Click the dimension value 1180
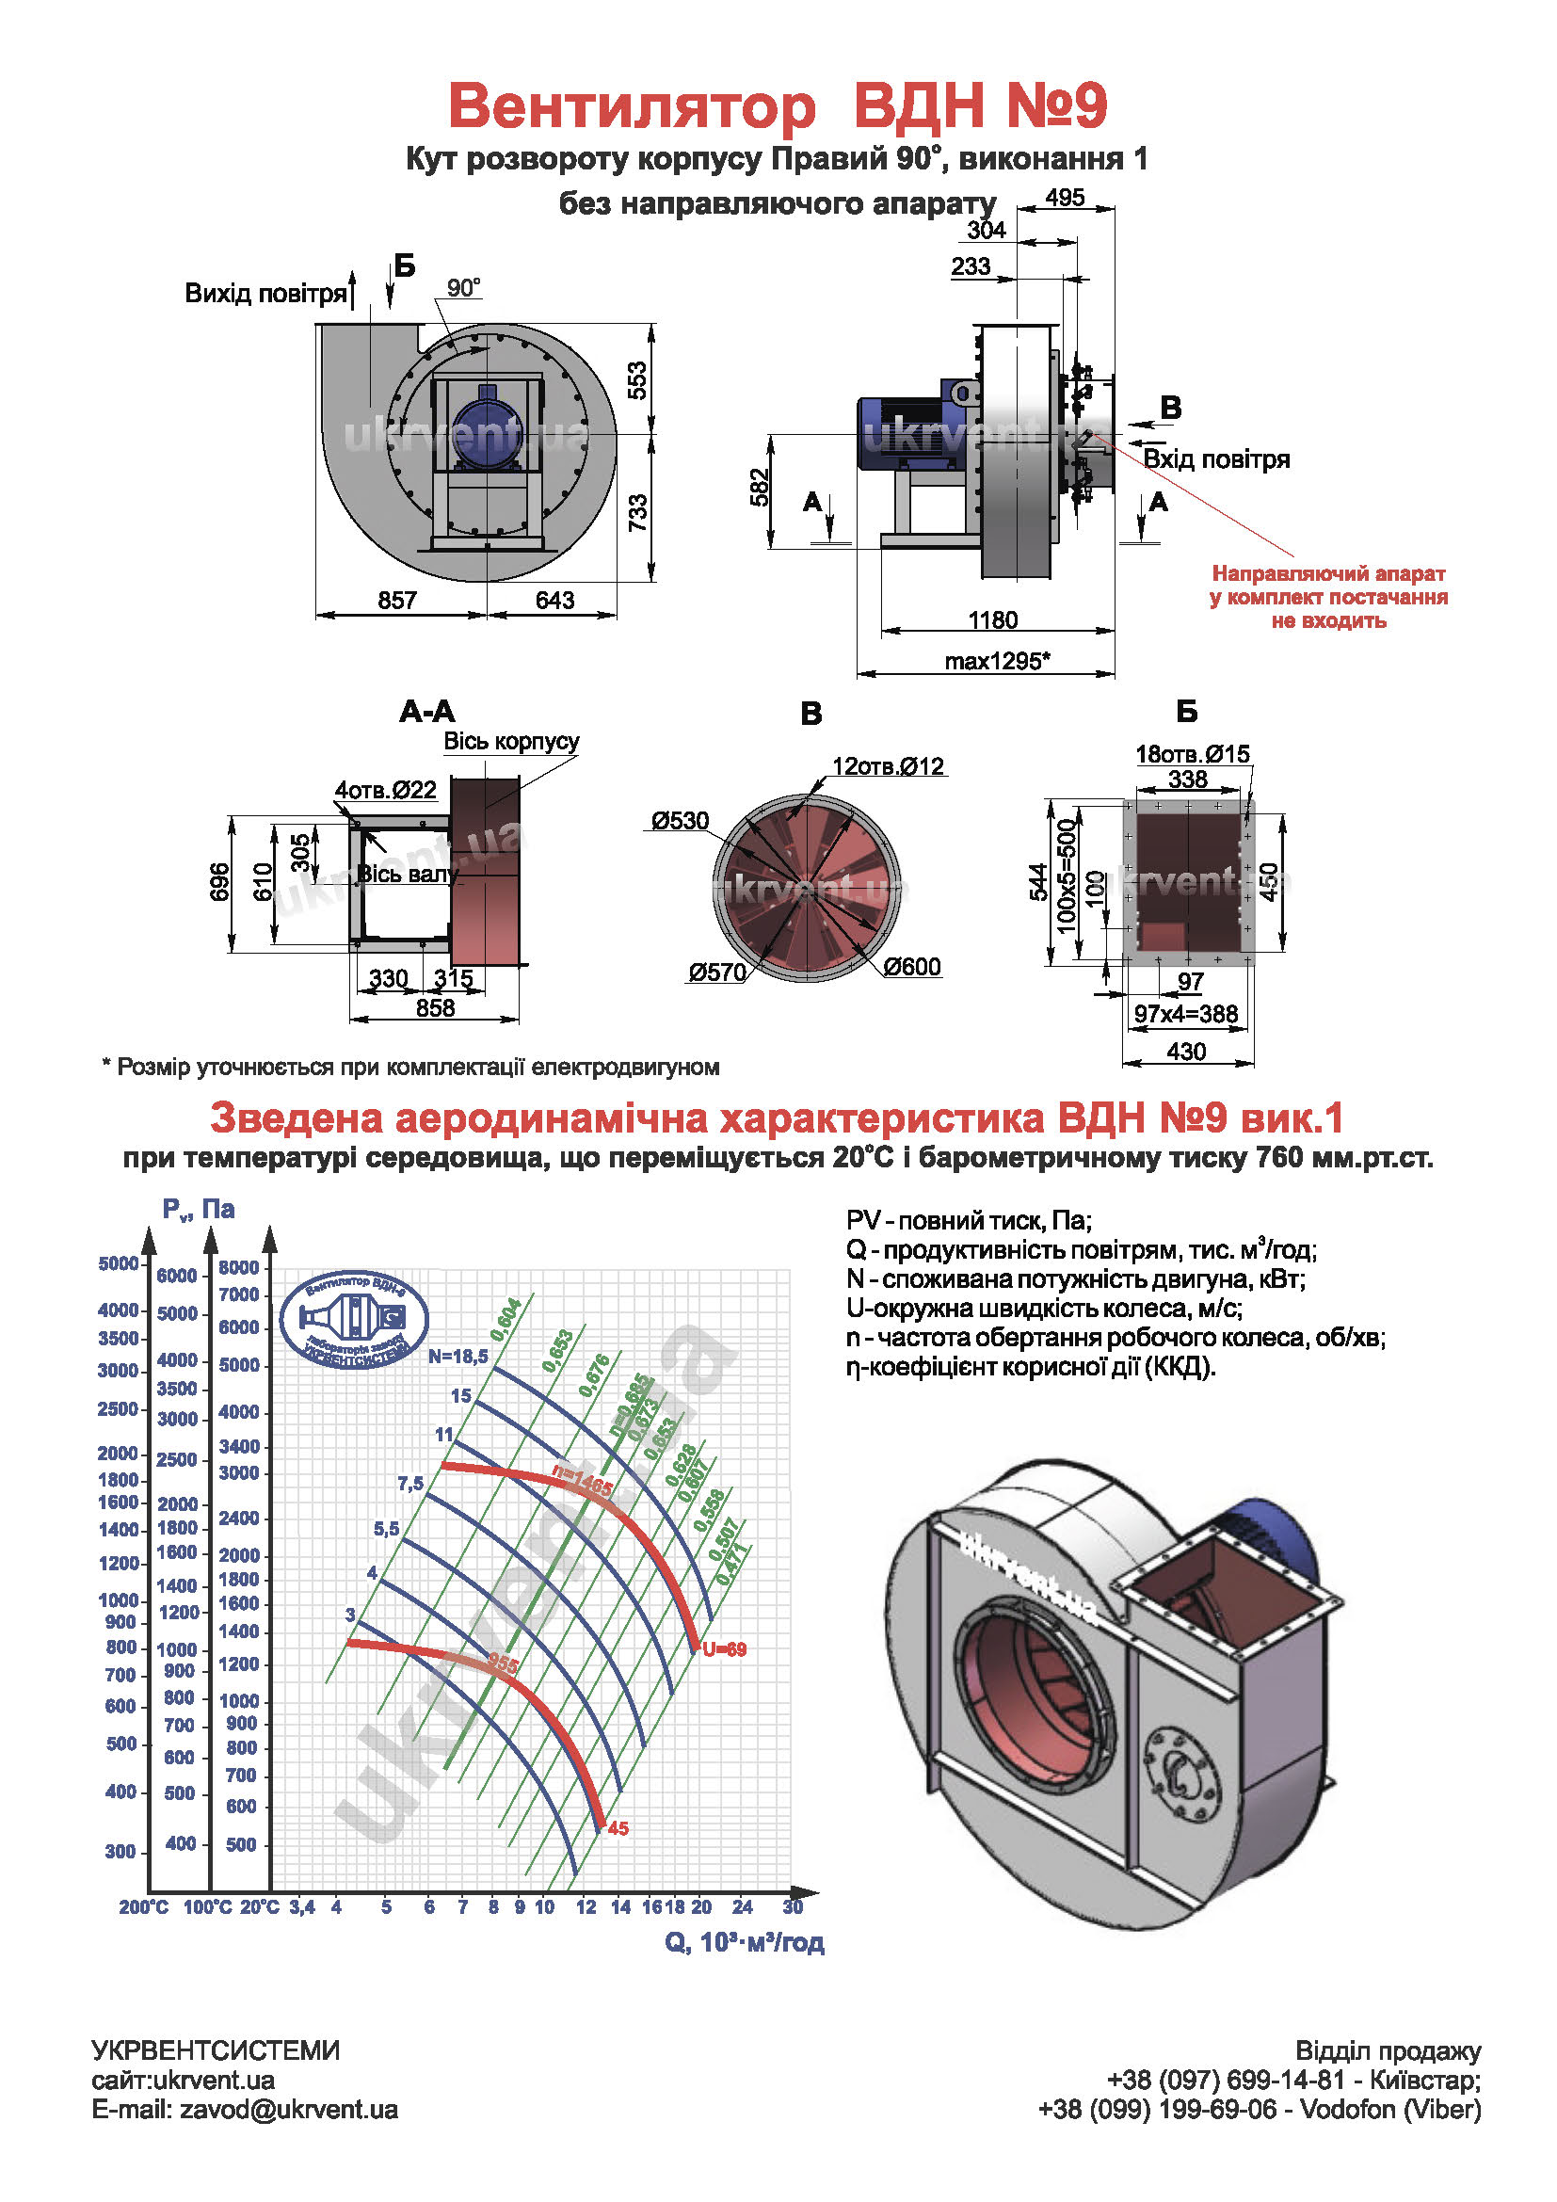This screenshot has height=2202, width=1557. (x=992, y=619)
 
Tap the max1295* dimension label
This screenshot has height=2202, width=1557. (x=997, y=661)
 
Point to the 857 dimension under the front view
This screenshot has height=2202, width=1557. (x=397, y=601)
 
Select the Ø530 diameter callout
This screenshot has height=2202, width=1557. (x=680, y=821)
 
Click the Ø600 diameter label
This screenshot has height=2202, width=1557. (x=912, y=967)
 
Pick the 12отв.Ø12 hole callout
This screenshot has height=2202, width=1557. (x=888, y=766)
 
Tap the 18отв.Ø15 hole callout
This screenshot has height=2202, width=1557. (x=1193, y=754)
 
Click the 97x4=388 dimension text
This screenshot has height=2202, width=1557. (x=1186, y=1014)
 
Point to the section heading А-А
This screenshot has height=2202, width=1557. (x=427, y=712)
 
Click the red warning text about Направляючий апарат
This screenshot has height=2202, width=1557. (x=1328, y=597)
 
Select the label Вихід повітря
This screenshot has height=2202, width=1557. (x=265, y=294)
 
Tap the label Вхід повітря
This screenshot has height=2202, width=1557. (x=1216, y=459)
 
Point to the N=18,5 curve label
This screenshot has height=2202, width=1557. (x=458, y=1356)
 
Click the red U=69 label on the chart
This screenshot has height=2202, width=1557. (x=724, y=1649)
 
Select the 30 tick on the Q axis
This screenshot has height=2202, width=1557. (x=792, y=1906)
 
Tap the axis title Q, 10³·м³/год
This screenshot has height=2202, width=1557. (x=744, y=1942)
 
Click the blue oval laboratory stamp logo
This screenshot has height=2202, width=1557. (x=354, y=1321)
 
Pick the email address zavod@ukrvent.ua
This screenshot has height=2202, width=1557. (x=289, y=2109)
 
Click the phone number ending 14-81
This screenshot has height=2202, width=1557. (x=1226, y=2080)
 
